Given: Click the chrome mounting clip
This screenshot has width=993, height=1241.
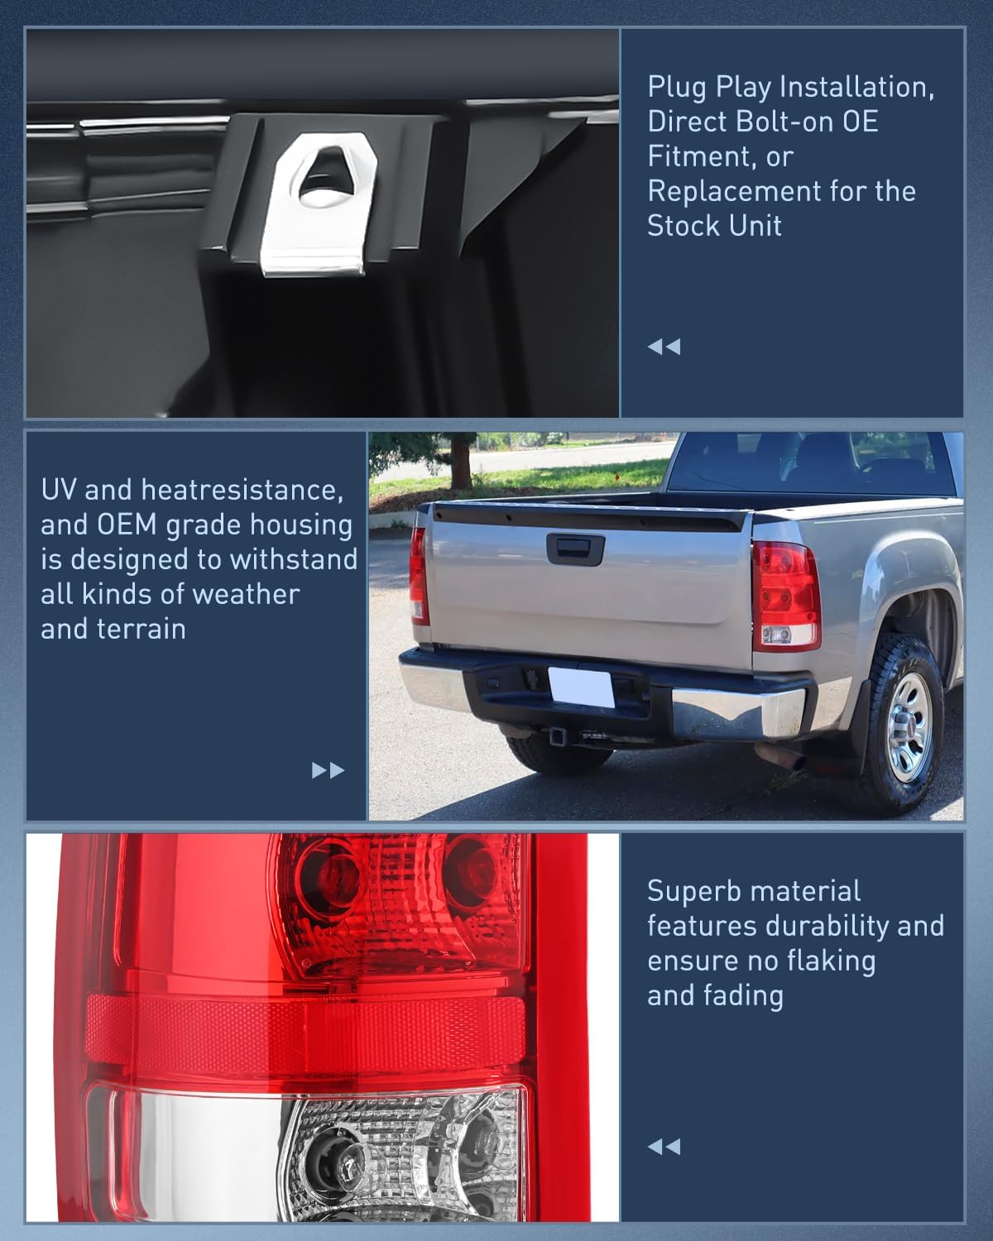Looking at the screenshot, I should tap(319, 207).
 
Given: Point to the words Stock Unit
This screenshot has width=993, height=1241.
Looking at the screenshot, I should tap(714, 226).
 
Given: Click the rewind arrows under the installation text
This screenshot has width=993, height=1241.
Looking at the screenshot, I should tap(664, 347).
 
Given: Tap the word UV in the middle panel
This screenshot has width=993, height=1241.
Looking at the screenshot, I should tap(59, 490).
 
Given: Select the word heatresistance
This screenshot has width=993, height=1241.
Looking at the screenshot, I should tap(241, 490).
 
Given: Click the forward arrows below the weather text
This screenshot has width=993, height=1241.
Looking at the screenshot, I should tap(328, 771).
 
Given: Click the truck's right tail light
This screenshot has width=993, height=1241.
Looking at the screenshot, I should tap(785, 594).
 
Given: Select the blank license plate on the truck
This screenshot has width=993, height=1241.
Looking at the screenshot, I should tap(582, 686).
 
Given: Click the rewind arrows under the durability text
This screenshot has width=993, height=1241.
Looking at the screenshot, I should tap(664, 1147).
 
